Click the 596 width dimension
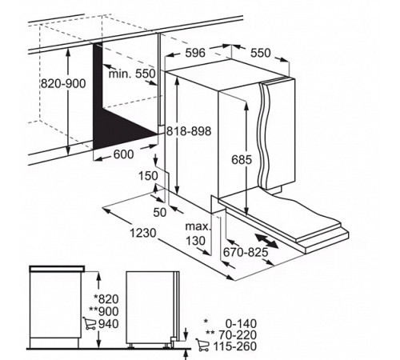coord(195,53)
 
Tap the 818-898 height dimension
coord(189,131)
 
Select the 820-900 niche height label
coord(63,84)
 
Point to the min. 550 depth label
coord(132,74)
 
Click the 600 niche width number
coord(123,154)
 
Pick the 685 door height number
coord(242,160)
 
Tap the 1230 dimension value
coord(143,233)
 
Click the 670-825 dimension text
coord(246,252)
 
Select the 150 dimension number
coord(148,176)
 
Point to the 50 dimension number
coord(160,212)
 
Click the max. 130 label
coord(198,234)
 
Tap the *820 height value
coord(106,299)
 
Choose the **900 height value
coord(104,311)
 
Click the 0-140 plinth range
coord(241,323)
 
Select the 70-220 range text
coord(238,334)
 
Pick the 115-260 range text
coord(234,346)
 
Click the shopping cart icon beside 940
coord(90,323)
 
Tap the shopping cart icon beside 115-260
coord(202,345)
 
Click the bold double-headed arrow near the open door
coord(266,241)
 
